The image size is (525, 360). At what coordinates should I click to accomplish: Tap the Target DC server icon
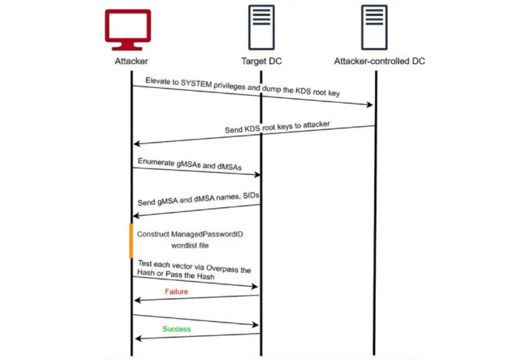pos(261,28)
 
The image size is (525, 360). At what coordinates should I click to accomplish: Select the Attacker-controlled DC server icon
pos(375,28)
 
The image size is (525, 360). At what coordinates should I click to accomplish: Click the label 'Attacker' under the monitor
pos(131,61)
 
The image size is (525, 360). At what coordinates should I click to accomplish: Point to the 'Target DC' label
pos(261,61)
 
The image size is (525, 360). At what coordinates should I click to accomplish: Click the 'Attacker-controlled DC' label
pos(379,61)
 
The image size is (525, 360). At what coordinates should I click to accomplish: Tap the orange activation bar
pos(131,241)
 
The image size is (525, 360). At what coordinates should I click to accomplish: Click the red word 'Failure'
pos(176,292)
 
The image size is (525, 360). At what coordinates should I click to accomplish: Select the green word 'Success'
pos(176,329)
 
